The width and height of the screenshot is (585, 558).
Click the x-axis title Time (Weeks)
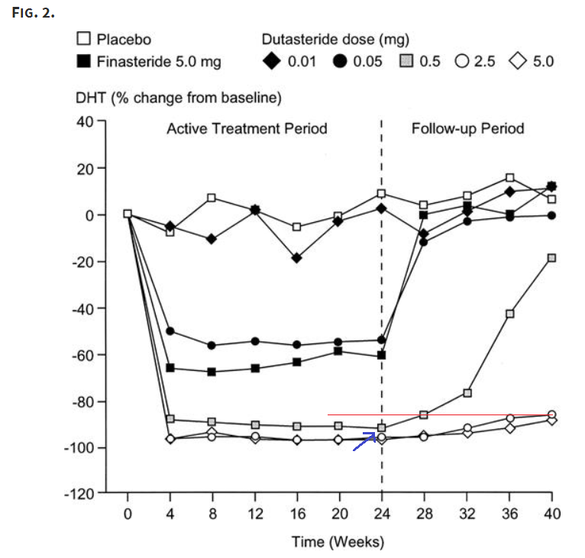pos(338,542)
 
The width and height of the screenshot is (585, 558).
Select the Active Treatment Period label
pos(247,128)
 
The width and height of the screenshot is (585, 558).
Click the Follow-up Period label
pos(467,128)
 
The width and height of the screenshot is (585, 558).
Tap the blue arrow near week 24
pos(364,442)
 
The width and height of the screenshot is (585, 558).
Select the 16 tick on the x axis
pos(297,514)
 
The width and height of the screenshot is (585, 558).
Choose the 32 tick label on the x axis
pos(467,514)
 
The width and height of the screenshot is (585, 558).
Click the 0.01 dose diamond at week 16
pos(297,258)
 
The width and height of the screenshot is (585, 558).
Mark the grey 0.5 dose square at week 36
pos(510,314)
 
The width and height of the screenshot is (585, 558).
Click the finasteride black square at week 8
pos(212,372)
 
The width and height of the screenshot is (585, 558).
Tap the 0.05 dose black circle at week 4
pos(170,331)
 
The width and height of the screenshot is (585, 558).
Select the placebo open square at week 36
pos(510,178)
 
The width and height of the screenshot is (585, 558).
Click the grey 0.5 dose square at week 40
pos(552,258)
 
